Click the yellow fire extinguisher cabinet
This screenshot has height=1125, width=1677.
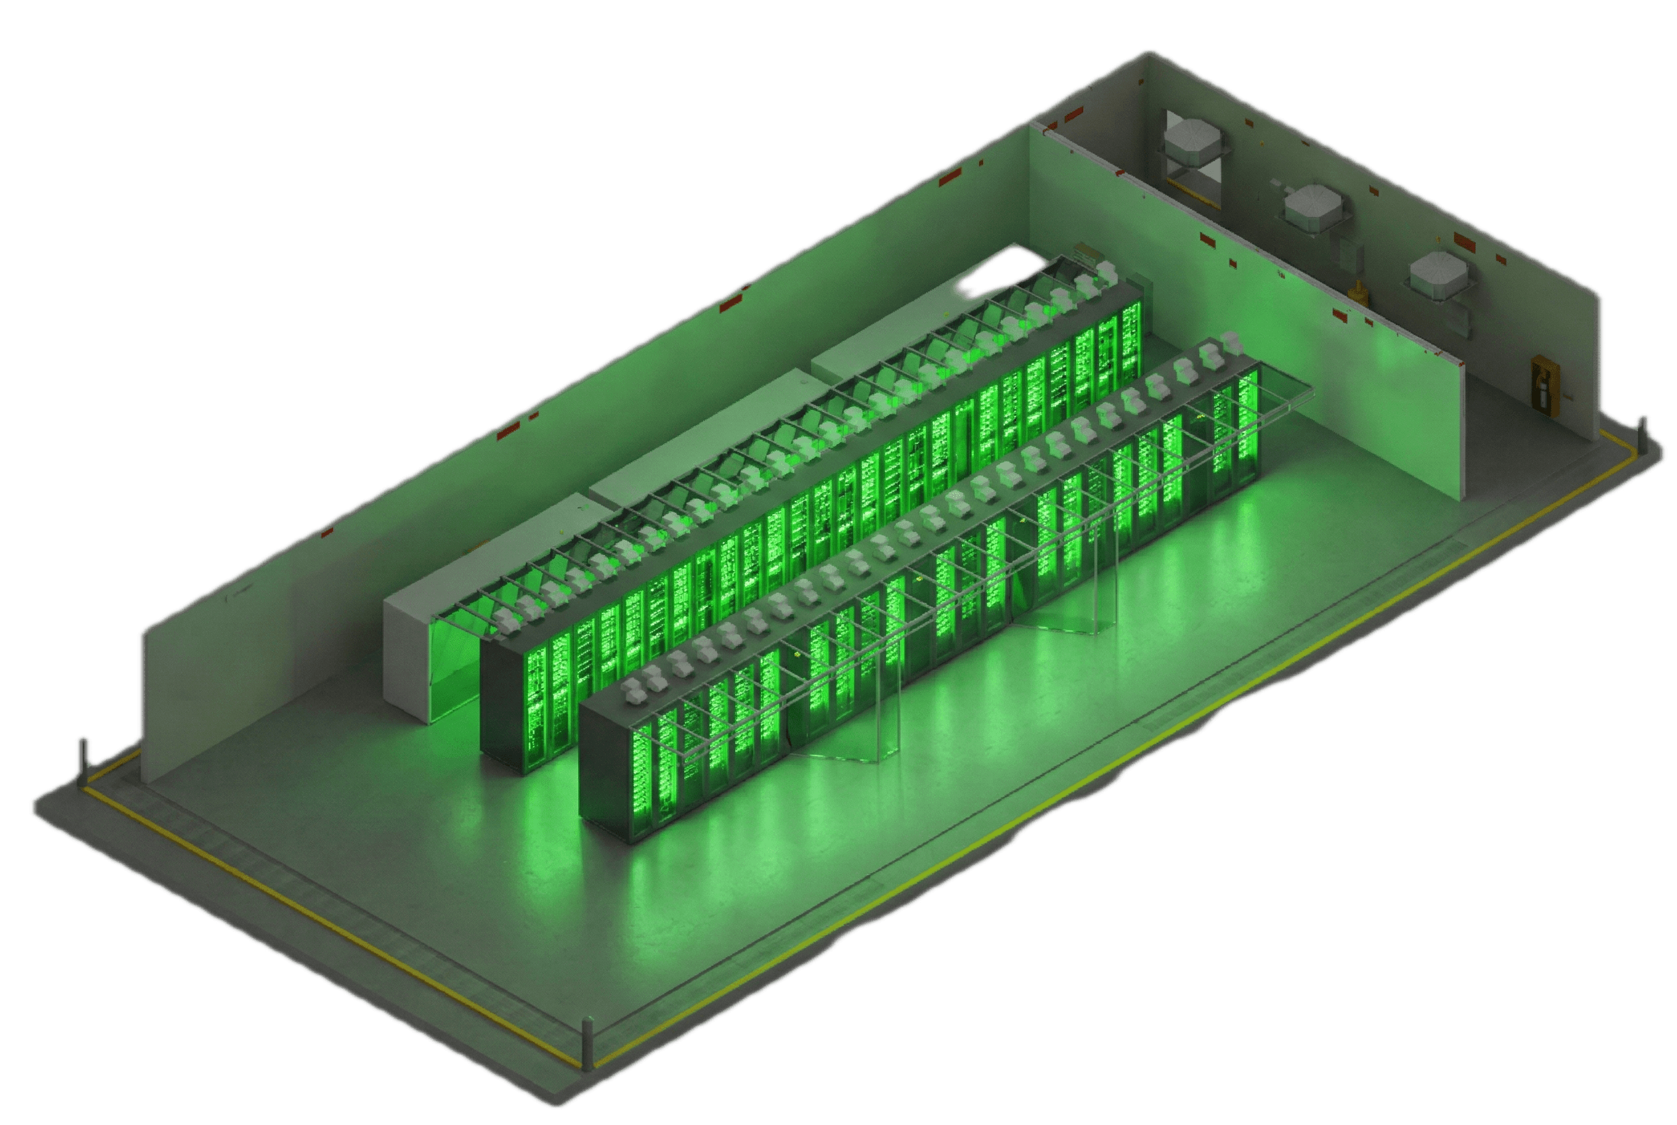pos(1545,386)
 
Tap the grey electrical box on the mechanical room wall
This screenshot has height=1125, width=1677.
pos(1351,254)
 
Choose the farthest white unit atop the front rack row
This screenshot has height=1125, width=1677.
pos(1231,341)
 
